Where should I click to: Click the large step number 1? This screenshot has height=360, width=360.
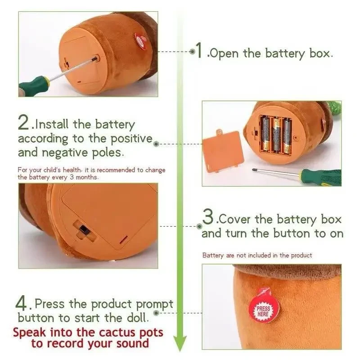click(x=199, y=50)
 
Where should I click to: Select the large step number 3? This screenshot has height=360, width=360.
click(x=208, y=217)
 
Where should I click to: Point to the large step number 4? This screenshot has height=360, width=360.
click(x=22, y=303)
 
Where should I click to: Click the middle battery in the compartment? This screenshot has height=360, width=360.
click(x=277, y=134)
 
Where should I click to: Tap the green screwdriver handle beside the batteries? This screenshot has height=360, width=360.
click(x=321, y=177)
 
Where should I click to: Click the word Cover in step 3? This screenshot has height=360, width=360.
click(x=234, y=219)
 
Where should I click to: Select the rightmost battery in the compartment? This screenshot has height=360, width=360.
click(x=287, y=135)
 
